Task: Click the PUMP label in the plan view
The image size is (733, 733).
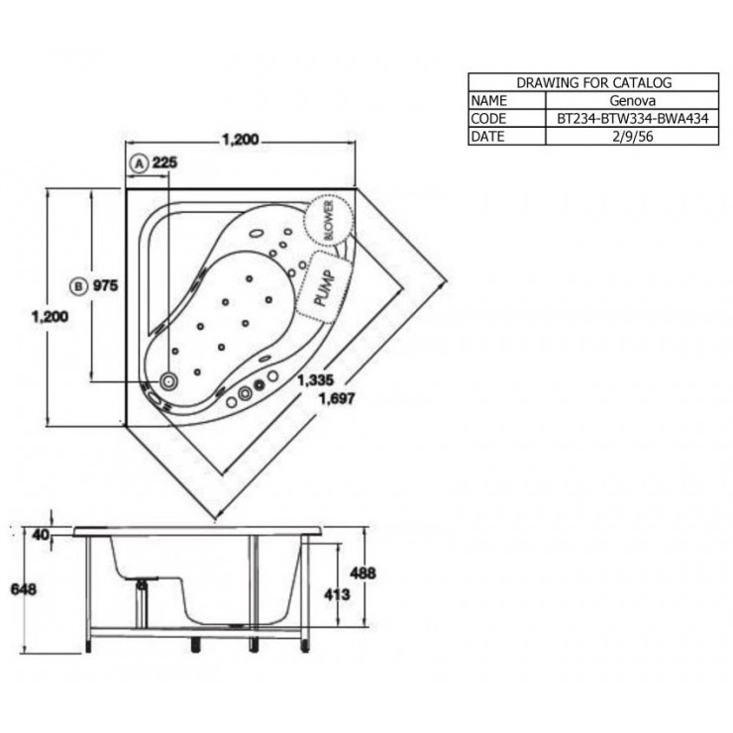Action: pos(325,288)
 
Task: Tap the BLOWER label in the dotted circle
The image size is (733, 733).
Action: pos(329,220)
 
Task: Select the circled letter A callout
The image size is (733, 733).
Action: pos(139,164)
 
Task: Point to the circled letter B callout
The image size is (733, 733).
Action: pos(78,286)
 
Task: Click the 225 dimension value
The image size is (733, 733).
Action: pos(165,162)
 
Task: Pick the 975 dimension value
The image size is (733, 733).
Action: pos(106,285)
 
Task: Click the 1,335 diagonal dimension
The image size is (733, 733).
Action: pos(316,380)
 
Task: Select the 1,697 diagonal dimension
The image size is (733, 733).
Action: pos(337,399)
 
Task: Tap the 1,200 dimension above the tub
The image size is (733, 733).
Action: pos(241,140)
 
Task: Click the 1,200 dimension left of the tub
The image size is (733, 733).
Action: pos(50,317)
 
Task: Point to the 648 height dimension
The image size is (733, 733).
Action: pos(24,589)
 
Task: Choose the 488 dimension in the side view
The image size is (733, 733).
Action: pos(363,573)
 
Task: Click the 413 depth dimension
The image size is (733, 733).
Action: pos(337,594)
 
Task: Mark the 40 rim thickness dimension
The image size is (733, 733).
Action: pos(41,534)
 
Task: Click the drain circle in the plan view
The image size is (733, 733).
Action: pos(168,381)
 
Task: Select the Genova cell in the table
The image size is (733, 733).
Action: pos(632,100)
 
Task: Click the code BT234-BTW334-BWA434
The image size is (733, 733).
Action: pos(633,118)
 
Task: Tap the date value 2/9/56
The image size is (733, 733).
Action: pos(633,137)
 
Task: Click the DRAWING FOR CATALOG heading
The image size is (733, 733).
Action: pos(593,83)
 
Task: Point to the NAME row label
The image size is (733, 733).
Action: pos(489,100)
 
